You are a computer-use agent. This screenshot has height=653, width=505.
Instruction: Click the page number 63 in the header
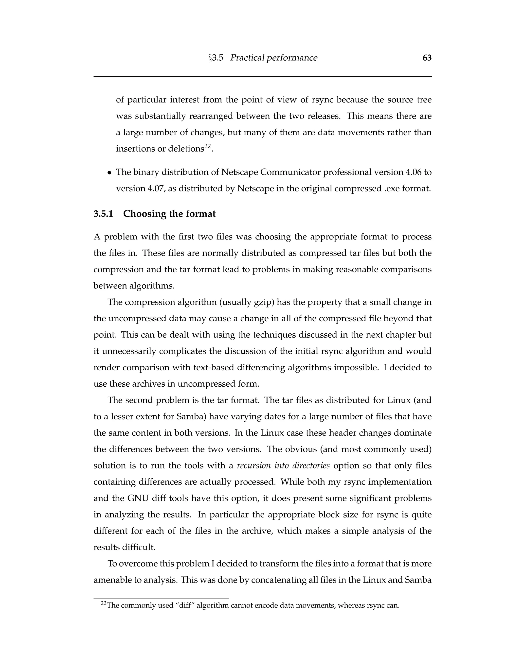427,58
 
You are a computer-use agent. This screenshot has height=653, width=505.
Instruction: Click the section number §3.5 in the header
216,58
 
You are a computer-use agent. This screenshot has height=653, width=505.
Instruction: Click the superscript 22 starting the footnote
104,604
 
